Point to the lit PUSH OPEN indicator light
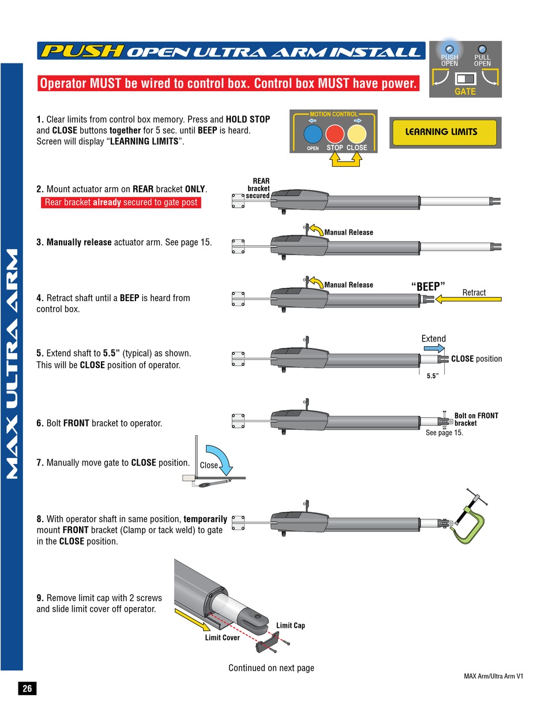449,49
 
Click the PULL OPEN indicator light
482,49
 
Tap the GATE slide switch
464,78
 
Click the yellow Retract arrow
469,299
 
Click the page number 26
27,688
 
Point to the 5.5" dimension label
432,376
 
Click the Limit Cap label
291,625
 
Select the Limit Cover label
222,638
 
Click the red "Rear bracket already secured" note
121,203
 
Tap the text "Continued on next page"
271,668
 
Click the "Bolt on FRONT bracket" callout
476,419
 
